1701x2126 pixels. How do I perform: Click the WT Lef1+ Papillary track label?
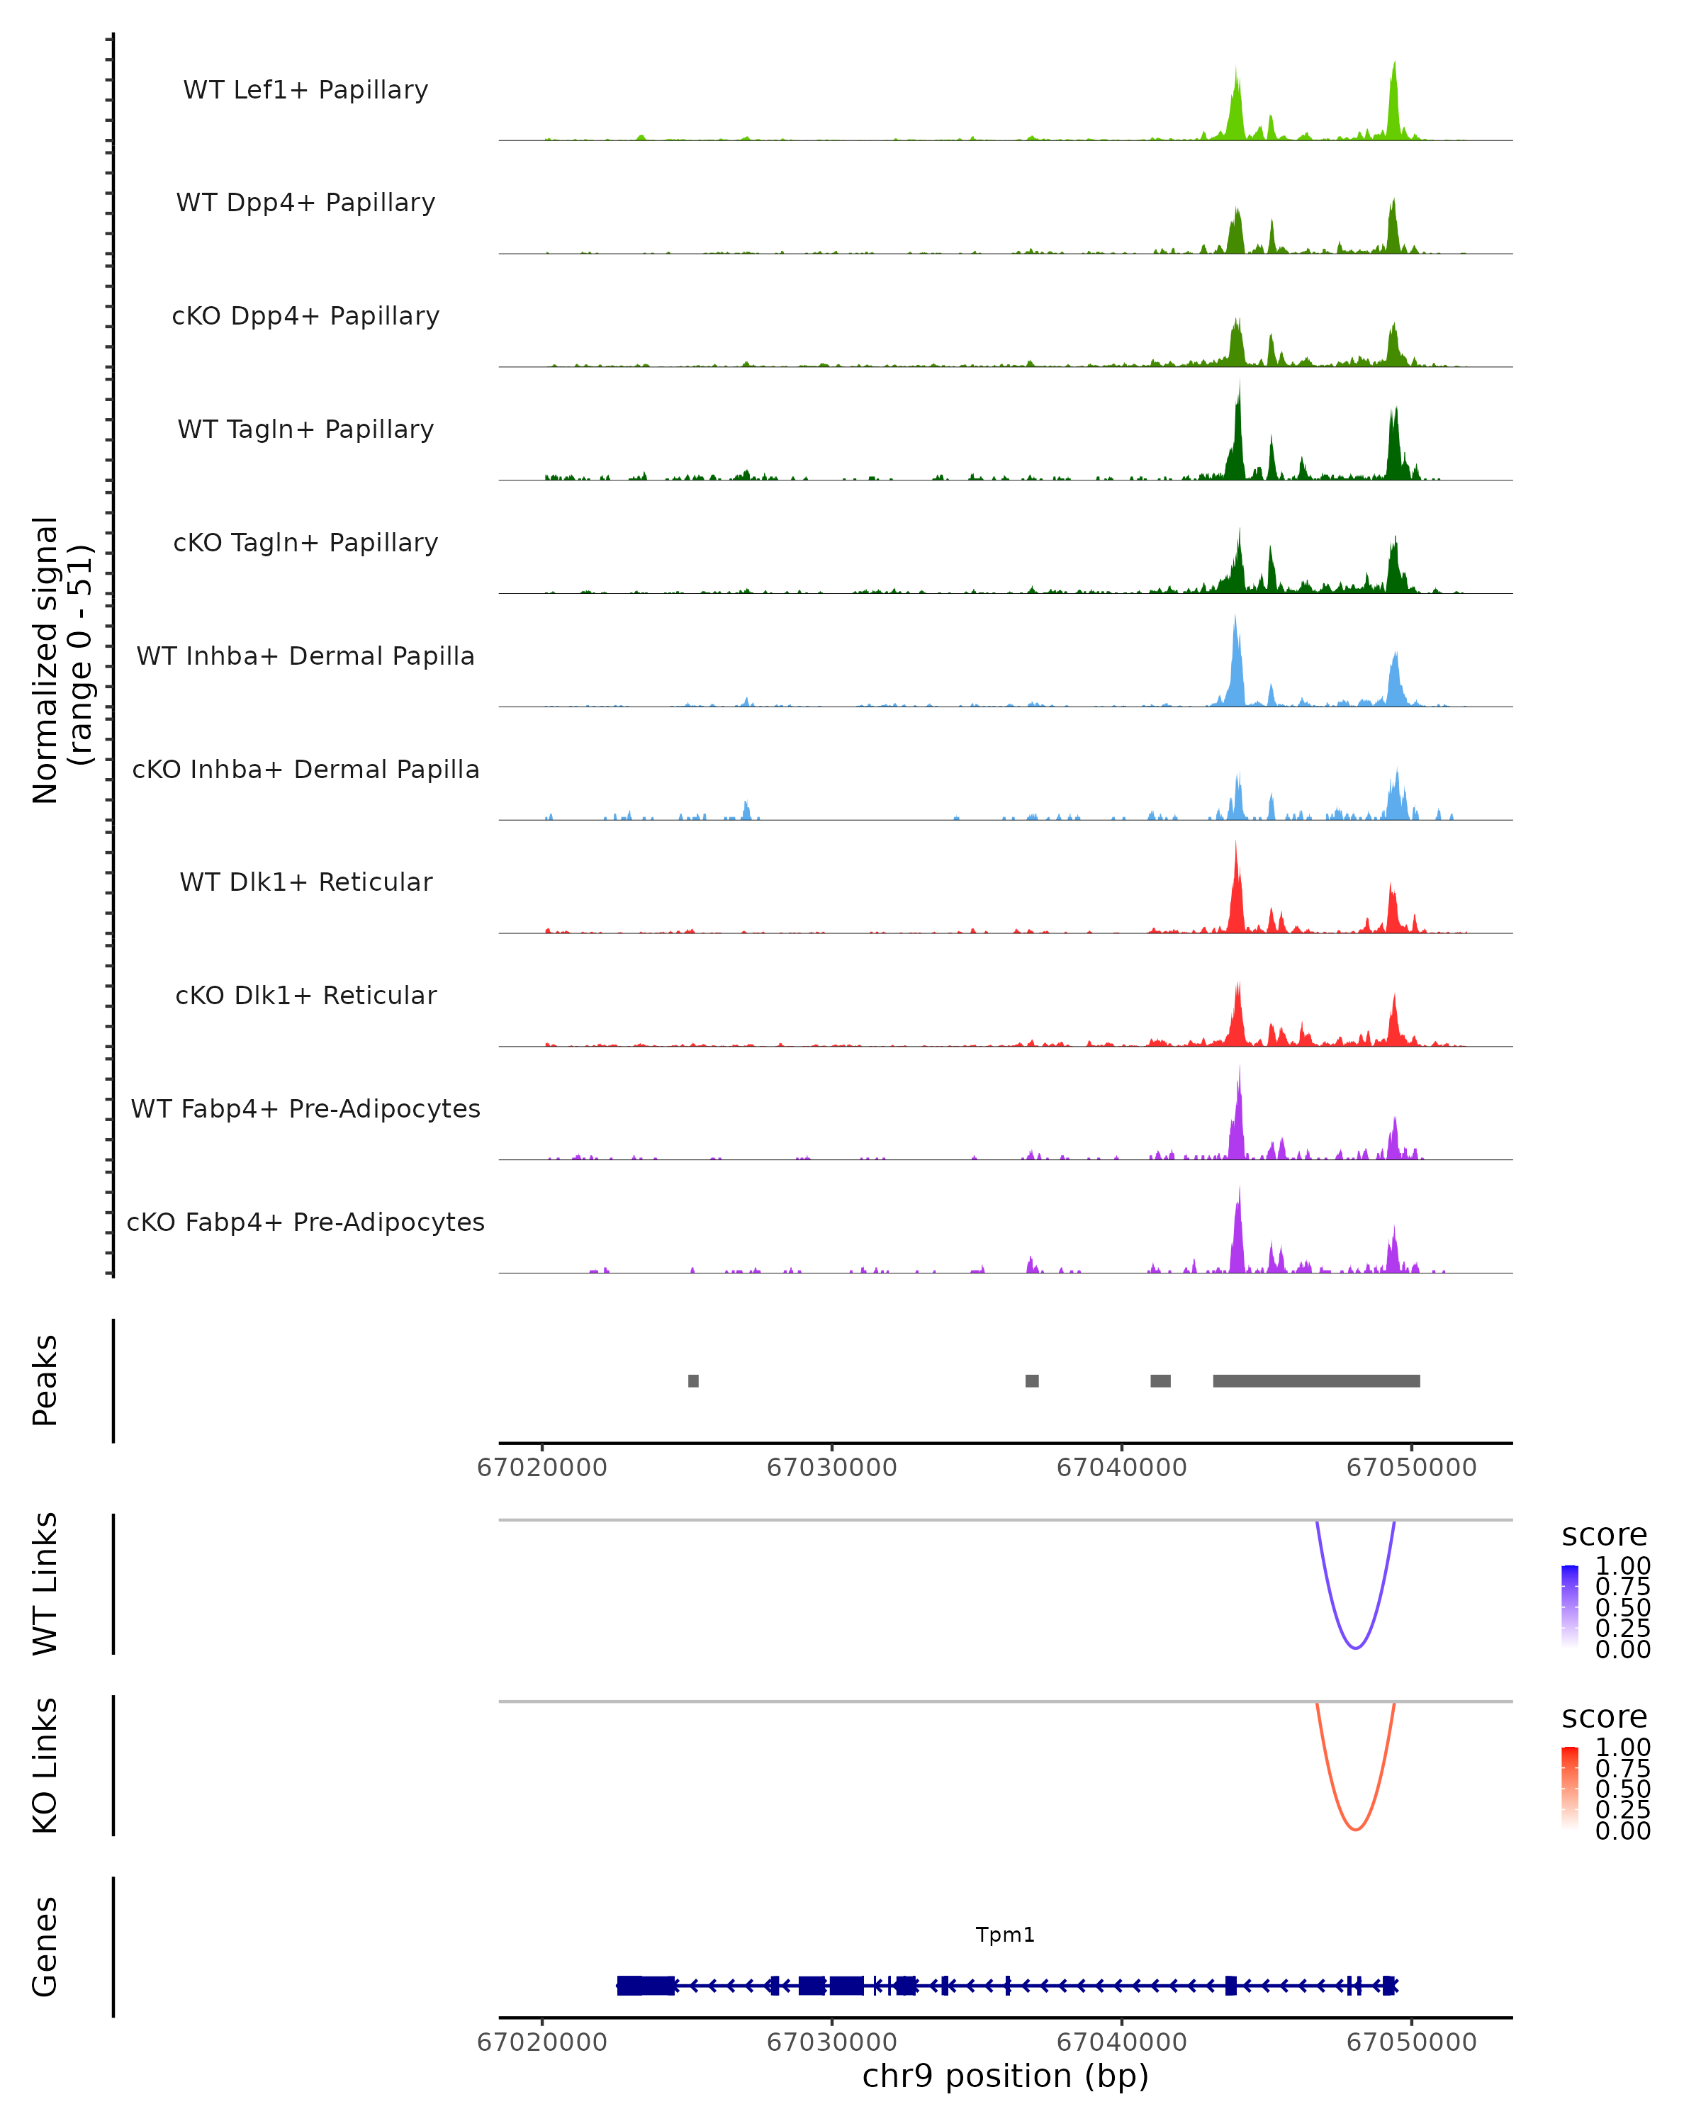(305, 90)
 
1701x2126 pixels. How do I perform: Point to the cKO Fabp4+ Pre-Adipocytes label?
(305, 1222)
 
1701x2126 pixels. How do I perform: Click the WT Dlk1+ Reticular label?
(305, 882)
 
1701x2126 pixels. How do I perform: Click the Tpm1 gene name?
(1005, 1934)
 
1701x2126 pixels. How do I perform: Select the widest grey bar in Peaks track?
(1315, 1380)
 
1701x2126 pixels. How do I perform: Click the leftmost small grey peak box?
(693, 1380)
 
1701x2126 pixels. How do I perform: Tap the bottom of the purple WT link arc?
(1356, 1647)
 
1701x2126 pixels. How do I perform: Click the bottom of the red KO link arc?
(1356, 1829)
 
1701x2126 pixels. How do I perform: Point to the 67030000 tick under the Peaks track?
(831, 1468)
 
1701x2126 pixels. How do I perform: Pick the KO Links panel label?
(45, 1765)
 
